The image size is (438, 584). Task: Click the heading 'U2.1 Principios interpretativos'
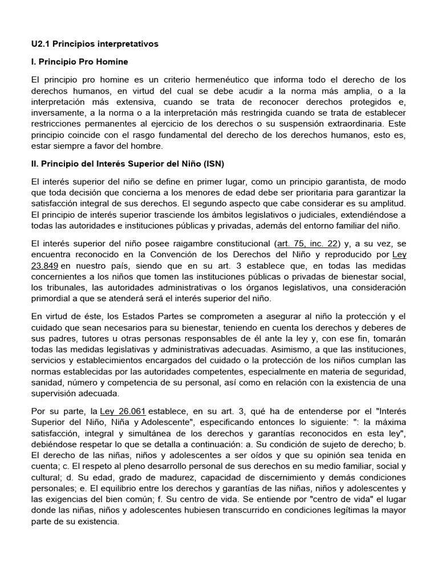click(95, 43)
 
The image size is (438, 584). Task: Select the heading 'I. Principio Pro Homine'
click(80, 61)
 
